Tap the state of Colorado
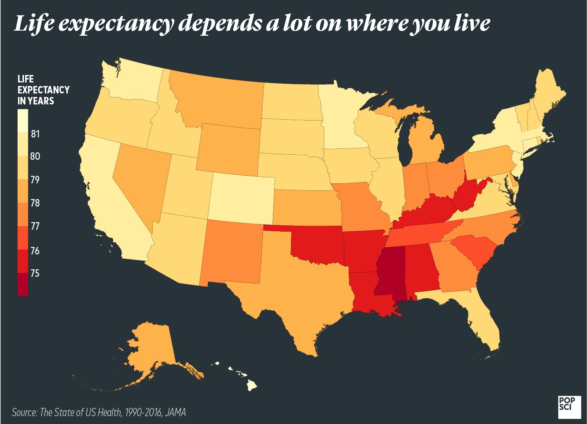(241, 198)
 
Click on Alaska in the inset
(151, 349)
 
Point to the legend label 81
(35, 134)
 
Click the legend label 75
(35, 273)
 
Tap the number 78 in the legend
(35, 203)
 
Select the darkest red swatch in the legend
(23, 284)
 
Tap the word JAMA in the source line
(175, 412)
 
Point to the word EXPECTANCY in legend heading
(44, 90)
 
